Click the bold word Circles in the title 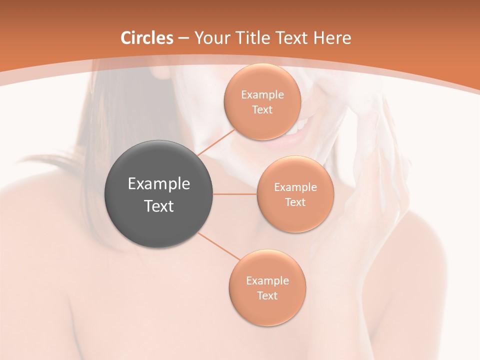(146, 38)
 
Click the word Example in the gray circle (159, 184)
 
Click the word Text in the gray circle (159, 206)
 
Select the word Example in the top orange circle (262, 95)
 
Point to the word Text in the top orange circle (262, 110)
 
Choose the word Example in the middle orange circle (295, 187)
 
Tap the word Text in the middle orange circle (295, 202)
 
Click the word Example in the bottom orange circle (267, 281)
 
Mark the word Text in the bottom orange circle (267, 296)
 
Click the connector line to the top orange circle (216, 142)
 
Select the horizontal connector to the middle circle (235, 194)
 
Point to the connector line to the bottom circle (219, 246)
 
